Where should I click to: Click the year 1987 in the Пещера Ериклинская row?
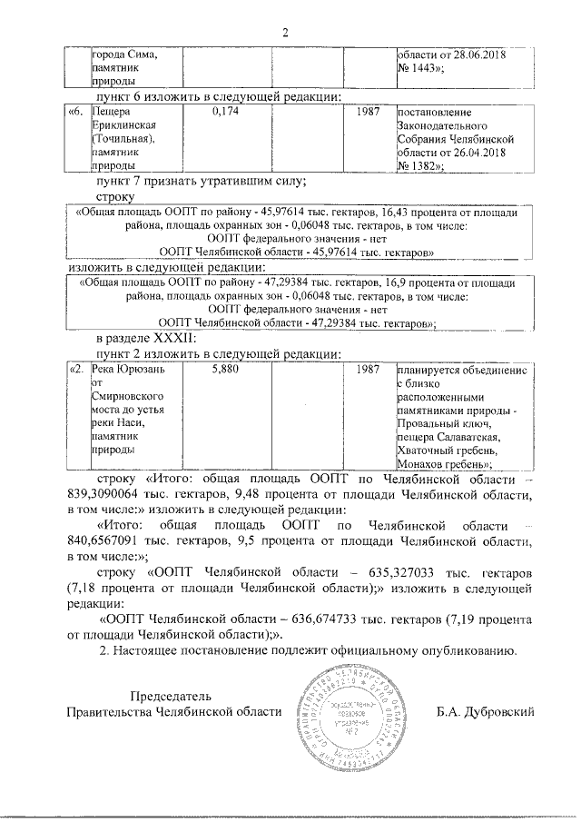click(369, 111)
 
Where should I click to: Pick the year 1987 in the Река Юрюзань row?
click(369, 371)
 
